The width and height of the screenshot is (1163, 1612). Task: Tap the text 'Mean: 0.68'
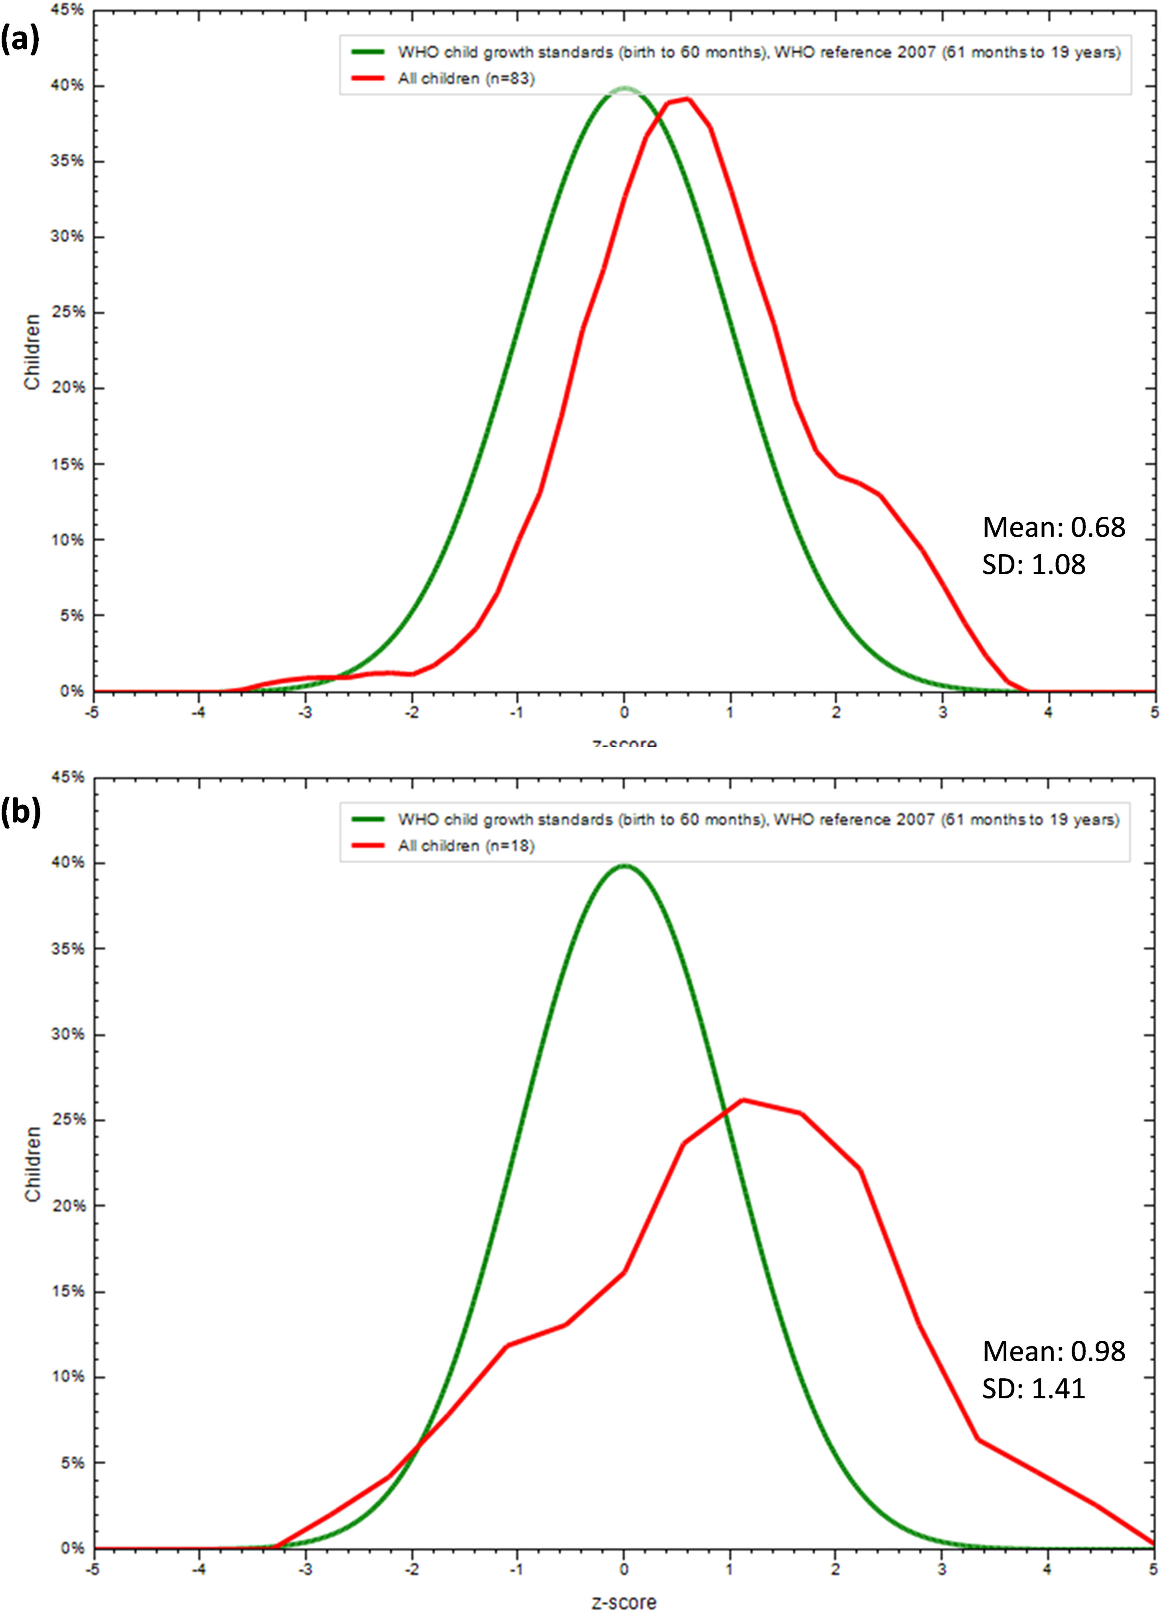(1053, 527)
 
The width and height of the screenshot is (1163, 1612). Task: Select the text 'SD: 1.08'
(1033, 564)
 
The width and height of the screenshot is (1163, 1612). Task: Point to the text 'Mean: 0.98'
(1053, 1351)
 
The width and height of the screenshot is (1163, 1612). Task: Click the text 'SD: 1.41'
(1033, 1388)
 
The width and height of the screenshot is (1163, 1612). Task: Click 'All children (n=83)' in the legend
(466, 78)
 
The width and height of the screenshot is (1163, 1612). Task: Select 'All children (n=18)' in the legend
(466, 846)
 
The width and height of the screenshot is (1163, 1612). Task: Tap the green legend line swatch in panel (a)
(368, 52)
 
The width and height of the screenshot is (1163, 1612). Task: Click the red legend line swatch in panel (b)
(368, 846)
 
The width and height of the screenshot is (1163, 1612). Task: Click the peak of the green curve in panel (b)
(624, 865)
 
